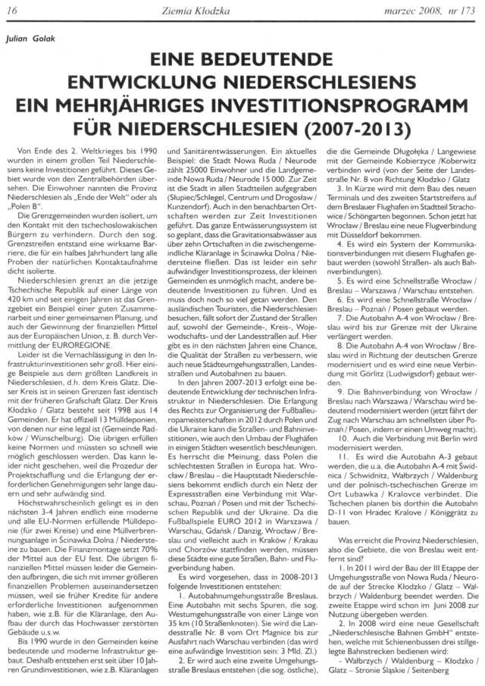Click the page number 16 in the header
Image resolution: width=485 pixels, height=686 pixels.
click(x=13, y=8)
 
